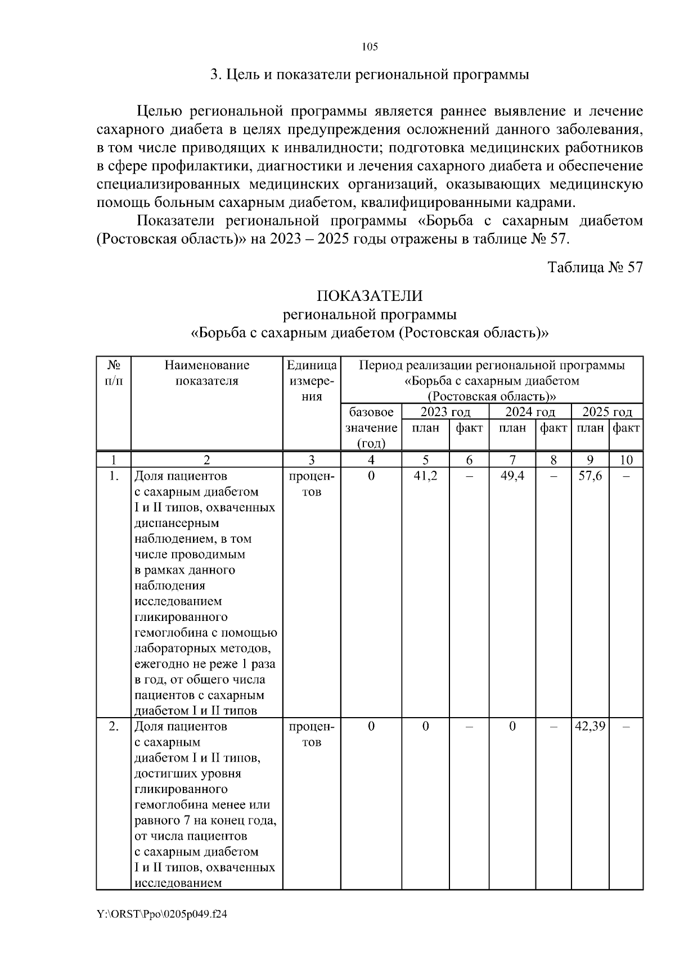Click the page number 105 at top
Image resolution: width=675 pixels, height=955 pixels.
click(370, 47)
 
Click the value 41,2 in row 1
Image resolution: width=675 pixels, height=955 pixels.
click(425, 476)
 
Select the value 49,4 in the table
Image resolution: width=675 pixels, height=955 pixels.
click(512, 476)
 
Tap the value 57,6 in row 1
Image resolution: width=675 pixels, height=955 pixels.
click(590, 476)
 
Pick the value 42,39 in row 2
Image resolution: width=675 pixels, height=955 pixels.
click(590, 726)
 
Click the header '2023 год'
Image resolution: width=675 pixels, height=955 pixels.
click(445, 412)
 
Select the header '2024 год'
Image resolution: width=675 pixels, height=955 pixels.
click(530, 412)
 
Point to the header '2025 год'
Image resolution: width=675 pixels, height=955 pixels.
click(607, 412)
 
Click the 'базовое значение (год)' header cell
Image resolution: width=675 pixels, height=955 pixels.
click(371, 427)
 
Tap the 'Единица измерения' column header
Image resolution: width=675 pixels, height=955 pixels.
click(312, 381)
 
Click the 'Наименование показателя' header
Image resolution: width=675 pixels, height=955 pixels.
click(206, 373)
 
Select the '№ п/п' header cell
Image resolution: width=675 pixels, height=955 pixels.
click(114, 373)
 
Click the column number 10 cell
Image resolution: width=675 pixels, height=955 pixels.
click(626, 460)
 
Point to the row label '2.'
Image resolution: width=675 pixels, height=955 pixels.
click(114, 726)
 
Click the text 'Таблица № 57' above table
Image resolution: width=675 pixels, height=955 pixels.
click(595, 267)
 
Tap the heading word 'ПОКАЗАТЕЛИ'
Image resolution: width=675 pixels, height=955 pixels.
click(370, 296)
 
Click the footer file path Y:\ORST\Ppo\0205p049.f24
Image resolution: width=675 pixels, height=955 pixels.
click(162, 915)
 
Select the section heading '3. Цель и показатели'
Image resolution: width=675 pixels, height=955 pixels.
click(370, 75)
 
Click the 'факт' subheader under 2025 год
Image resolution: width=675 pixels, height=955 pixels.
click(626, 428)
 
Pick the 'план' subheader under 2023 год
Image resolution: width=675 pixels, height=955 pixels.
click(425, 428)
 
